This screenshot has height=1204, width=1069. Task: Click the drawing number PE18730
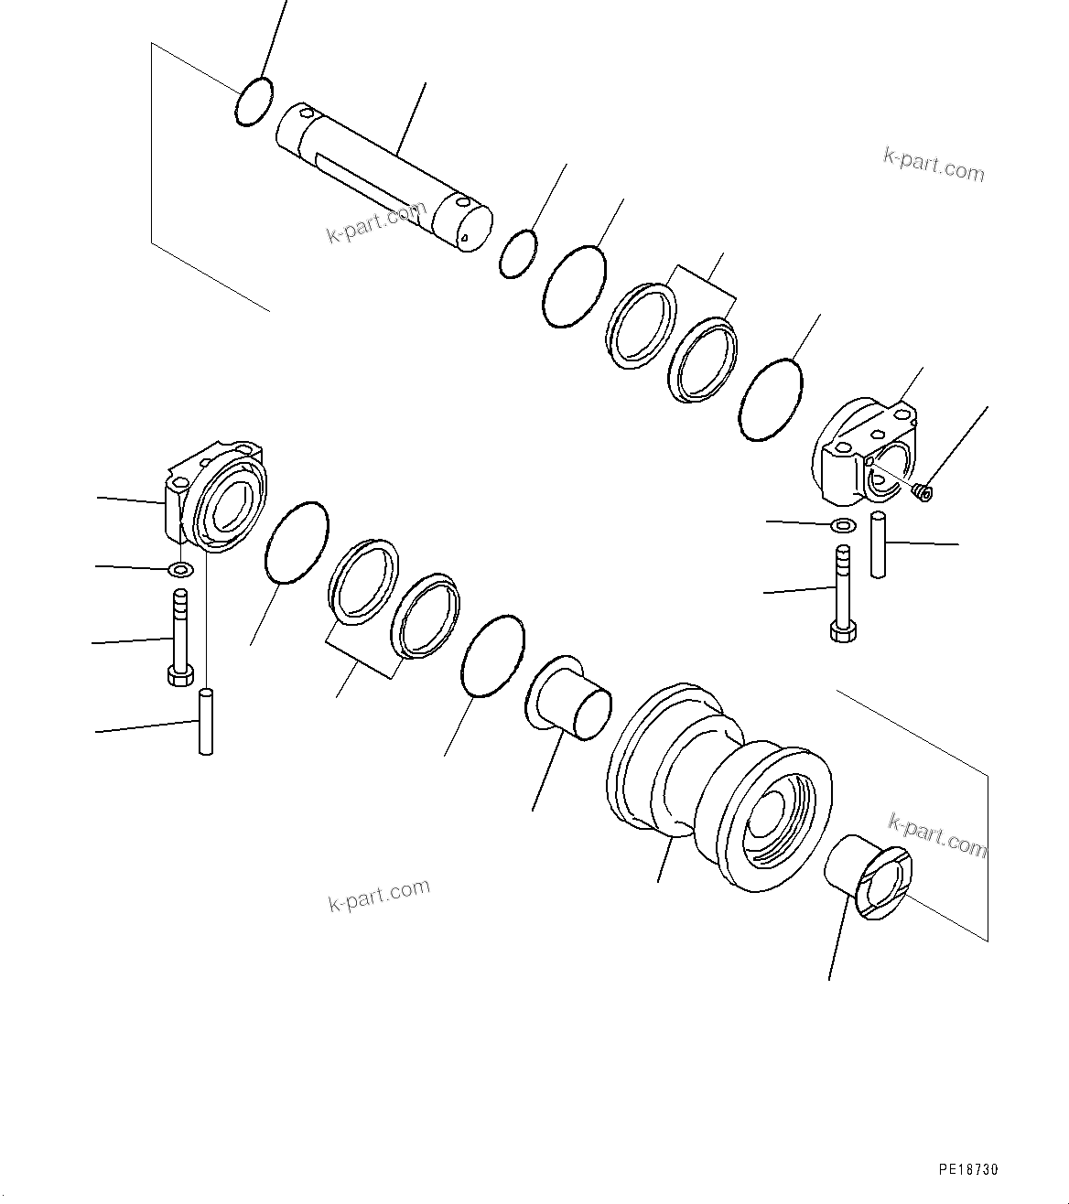point(967,1170)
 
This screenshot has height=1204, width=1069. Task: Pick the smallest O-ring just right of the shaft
point(518,253)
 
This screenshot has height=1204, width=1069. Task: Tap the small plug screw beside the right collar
point(923,493)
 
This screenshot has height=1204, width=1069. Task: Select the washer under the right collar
point(843,525)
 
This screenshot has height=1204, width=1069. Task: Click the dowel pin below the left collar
point(206,722)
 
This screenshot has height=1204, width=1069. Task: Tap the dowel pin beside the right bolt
point(878,545)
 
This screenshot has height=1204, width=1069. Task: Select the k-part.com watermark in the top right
point(934,166)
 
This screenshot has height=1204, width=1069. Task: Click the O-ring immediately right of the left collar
point(296,543)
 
